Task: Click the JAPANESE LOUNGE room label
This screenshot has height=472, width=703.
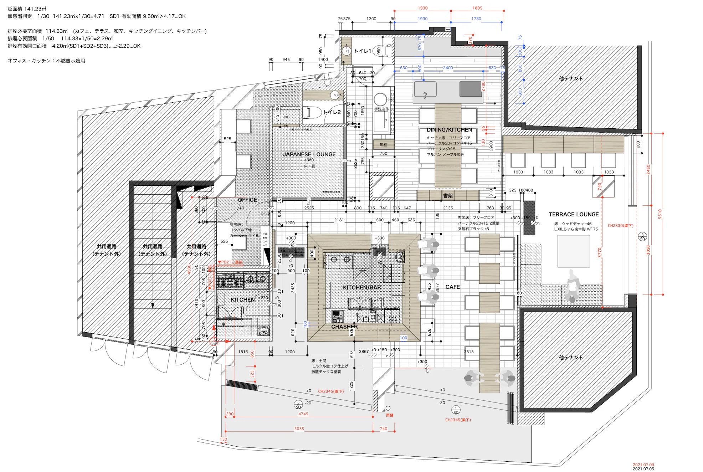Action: pyautogui.click(x=309, y=154)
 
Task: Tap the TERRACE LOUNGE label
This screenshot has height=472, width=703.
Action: pyautogui.click(x=574, y=214)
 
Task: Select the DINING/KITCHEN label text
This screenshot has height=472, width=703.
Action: pyautogui.click(x=449, y=130)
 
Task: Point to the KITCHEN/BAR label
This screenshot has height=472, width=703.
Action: pyautogui.click(x=362, y=287)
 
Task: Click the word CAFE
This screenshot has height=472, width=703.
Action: pyautogui.click(x=452, y=287)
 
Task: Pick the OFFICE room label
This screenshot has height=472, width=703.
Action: pyautogui.click(x=247, y=200)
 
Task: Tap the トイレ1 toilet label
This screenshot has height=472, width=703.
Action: pyautogui.click(x=362, y=51)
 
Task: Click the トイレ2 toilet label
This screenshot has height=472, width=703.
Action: pyautogui.click(x=332, y=112)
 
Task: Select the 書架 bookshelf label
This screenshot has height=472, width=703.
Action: pyautogui.click(x=448, y=196)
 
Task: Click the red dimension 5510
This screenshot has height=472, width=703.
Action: pyautogui.click(x=660, y=214)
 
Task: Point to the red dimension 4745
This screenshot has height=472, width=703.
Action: pyautogui.click(x=303, y=414)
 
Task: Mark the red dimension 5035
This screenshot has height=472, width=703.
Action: pyautogui.click(x=299, y=429)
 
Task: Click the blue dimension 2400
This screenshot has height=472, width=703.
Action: pyautogui.click(x=448, y=68)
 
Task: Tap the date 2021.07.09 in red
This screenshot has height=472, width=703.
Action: pyautogui.click(x=643, y=465)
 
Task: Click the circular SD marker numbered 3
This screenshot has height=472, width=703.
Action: pyautogui.click(x=642, y=237)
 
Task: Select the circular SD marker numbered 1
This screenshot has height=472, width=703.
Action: pyautogui.click(x=456, y=410)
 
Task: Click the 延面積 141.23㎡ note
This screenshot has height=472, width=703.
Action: pyautogui.click(x=27, y=9)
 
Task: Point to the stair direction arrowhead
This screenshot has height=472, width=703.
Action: pyautogui.click(x=153, y=306)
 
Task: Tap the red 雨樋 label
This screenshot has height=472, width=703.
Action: pyautogui.click(x=390, y=415)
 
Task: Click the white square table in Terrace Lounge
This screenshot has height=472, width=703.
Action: pyautogui.click(x=574, y=251)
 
